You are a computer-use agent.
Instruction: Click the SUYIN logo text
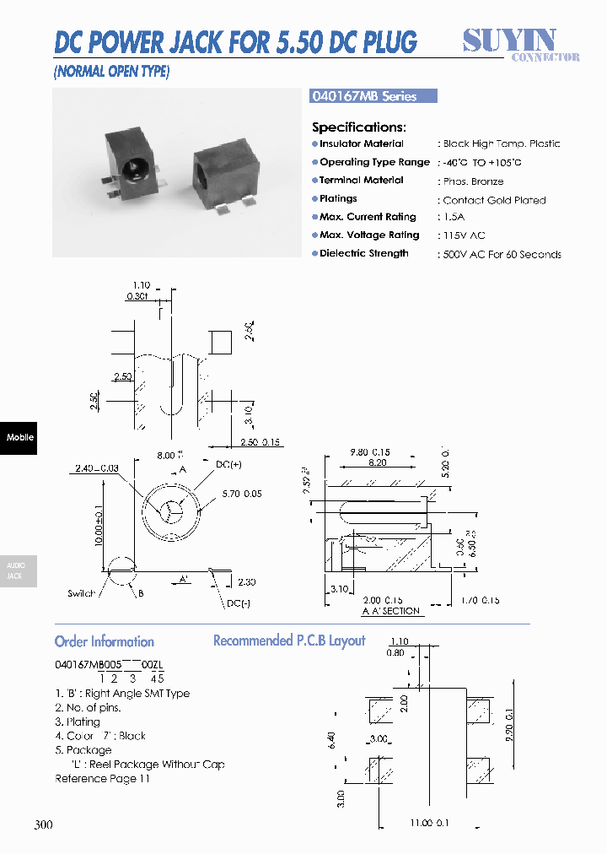[x=509, y=40]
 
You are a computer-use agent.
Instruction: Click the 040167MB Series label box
[x=374, y=96]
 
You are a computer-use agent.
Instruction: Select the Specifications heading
[x=359, y=127]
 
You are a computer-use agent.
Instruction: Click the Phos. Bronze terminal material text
[x=474, y=181]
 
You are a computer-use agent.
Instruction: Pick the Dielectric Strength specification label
[x=364, y=253]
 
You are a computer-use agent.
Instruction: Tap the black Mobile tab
[x=19, y=437]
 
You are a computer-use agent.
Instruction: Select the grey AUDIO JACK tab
[x=16, y=570]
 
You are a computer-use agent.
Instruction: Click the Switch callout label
[x=82, y=594]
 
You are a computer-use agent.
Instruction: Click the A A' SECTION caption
[x=391, y=610]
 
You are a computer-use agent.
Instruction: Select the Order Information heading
[x=105, y=641]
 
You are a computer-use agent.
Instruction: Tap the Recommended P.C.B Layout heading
[x=289, y=640]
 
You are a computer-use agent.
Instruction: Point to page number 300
[x=44, y=824]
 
